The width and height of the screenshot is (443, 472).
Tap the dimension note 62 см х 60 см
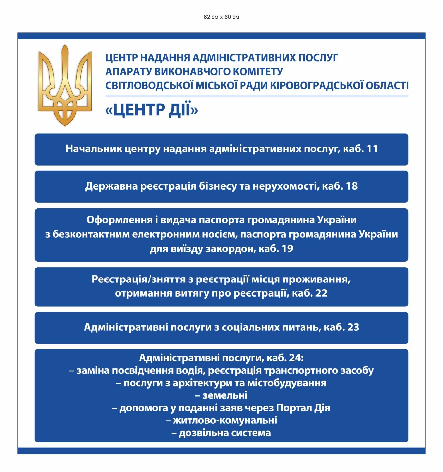tap(221, 17)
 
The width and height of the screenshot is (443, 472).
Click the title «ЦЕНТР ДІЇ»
tap(152, 110)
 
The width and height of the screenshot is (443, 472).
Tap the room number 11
tap(372, 149)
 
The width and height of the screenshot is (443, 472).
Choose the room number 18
tap(352, 186)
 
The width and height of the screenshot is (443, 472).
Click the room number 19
tap(287, 249)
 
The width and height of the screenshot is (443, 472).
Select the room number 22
tap(321, 293)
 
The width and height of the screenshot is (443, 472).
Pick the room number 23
tap(353, 327)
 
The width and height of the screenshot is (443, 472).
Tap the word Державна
tap(111, 186)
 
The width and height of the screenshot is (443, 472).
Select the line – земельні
tap(221, 395)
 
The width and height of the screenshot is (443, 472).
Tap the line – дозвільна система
tap(221, 433)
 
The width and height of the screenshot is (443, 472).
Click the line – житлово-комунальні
tap(221, 420)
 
